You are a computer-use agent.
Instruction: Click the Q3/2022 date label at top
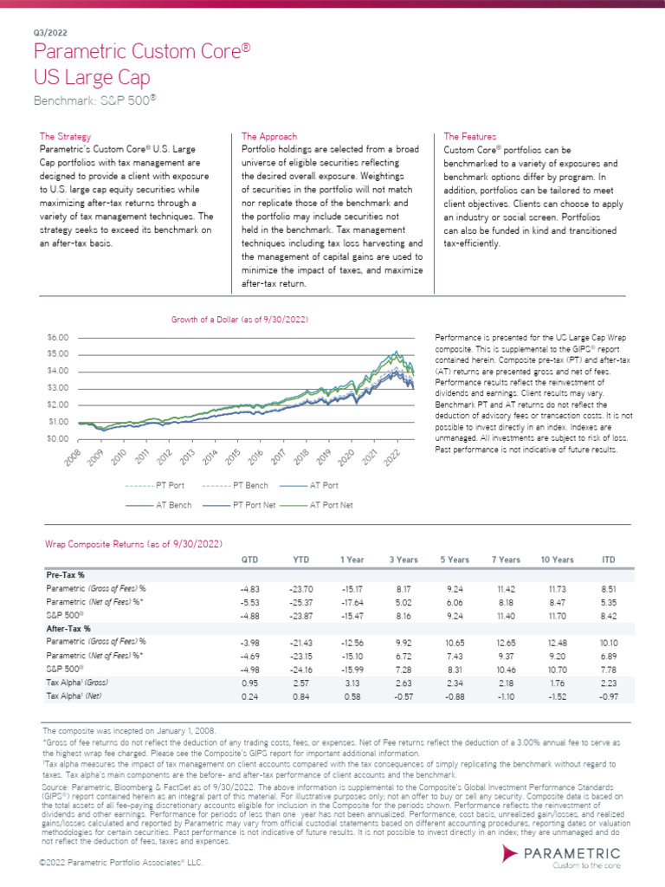46,32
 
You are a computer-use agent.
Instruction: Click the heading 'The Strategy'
65,137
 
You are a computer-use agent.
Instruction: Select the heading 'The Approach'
268,137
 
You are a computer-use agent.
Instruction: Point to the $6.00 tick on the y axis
56,336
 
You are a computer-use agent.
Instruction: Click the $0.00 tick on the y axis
56,439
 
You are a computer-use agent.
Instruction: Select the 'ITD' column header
608,560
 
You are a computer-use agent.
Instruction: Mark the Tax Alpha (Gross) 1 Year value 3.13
353,681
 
